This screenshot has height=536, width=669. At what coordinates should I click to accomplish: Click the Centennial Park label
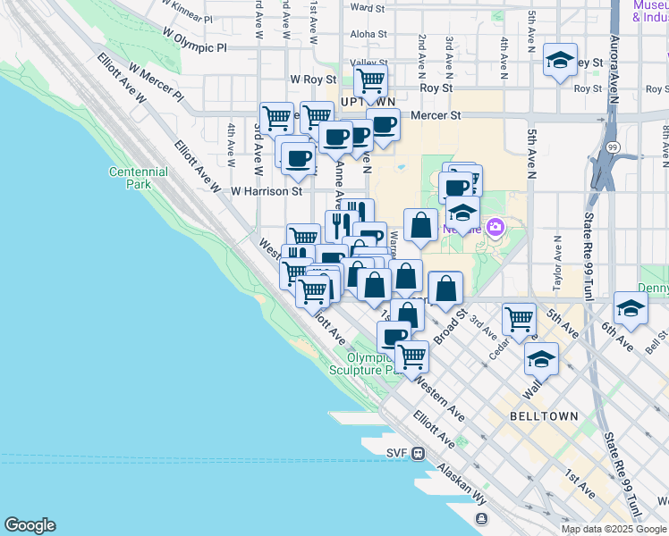click(138, 178)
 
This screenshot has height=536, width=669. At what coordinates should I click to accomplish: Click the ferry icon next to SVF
click(418, 452)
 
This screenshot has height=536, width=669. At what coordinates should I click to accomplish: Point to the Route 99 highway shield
click(612, 147)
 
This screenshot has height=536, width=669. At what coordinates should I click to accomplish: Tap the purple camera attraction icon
click(495, 228)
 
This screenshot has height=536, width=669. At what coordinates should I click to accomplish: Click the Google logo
click(30, 525)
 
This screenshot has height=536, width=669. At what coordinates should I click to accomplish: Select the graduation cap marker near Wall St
click(541, 359)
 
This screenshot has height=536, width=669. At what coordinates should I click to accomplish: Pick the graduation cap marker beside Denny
click(630, 308)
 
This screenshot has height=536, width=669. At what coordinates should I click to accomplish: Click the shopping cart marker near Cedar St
click(519, 319)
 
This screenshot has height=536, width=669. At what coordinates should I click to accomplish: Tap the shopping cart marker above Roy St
click(370, 81)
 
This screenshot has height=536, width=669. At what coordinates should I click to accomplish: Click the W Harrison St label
click(267, 190)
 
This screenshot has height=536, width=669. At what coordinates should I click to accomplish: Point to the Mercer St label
click(441, 115)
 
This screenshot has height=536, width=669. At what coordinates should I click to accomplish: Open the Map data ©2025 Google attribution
click(614, 529)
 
